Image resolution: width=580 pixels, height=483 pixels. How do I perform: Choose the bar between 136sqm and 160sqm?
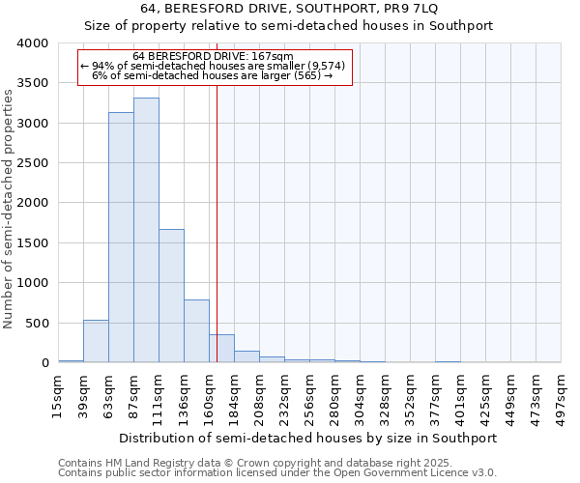(x=196, y=331)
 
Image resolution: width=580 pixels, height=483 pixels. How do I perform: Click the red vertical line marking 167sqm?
(x=217, y=222)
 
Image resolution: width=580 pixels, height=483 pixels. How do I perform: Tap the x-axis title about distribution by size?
(x=308, y=438)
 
